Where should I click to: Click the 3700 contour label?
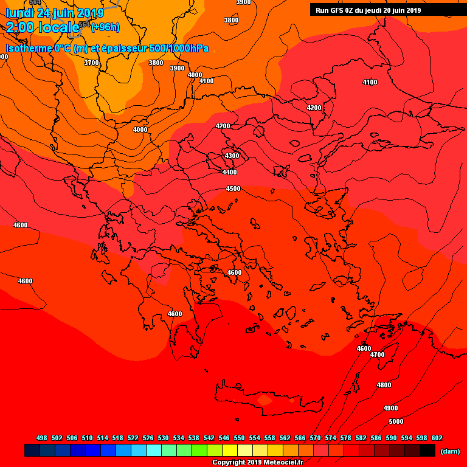pos(91,63)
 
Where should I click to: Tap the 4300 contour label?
pos(232,156)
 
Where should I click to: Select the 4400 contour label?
pos(229,172)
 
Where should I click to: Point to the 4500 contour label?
pos(233,189)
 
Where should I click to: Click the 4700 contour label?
pos(377,355)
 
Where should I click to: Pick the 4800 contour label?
pos(384,385)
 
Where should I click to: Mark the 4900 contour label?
pos(390,408)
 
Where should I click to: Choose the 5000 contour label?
pos(396,421)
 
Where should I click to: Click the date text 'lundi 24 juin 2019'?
pos(55,13)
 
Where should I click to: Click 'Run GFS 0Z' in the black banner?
pos(337,10)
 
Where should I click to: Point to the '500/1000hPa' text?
pos(179,48)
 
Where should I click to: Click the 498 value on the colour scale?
pos(41,438)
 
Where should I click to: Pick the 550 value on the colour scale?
pos(239,438)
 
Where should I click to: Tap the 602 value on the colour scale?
pos(437,438)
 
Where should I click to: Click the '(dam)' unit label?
pos(449,451)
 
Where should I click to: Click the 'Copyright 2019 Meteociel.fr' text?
pos(257,462)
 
